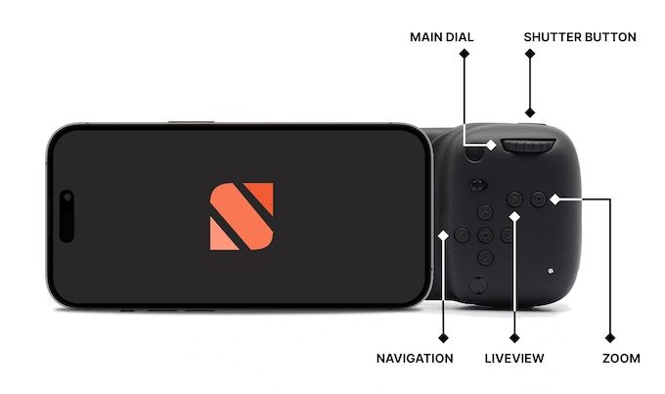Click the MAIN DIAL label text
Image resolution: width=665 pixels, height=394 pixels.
(441, 37)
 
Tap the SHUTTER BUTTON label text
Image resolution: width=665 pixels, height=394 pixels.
(580, 37)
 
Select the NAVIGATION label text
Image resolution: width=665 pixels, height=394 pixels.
(415, 359)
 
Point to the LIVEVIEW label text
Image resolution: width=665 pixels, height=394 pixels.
(514, 359)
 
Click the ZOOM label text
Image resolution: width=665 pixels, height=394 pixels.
(622, 359)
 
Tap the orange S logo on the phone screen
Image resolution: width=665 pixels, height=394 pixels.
(242, 216)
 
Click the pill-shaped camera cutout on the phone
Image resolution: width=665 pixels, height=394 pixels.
(66, 216)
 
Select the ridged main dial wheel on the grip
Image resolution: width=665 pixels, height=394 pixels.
(528, 148)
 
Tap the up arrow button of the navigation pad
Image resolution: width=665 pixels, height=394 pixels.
(484, 212)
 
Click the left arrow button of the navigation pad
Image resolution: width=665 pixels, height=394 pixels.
(462, 235)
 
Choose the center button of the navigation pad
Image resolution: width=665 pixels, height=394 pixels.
(484, 235)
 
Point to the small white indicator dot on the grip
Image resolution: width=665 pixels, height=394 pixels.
(552, 270)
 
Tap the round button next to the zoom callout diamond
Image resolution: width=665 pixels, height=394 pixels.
(538, 198)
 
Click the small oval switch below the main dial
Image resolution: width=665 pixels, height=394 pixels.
(478, 184)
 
